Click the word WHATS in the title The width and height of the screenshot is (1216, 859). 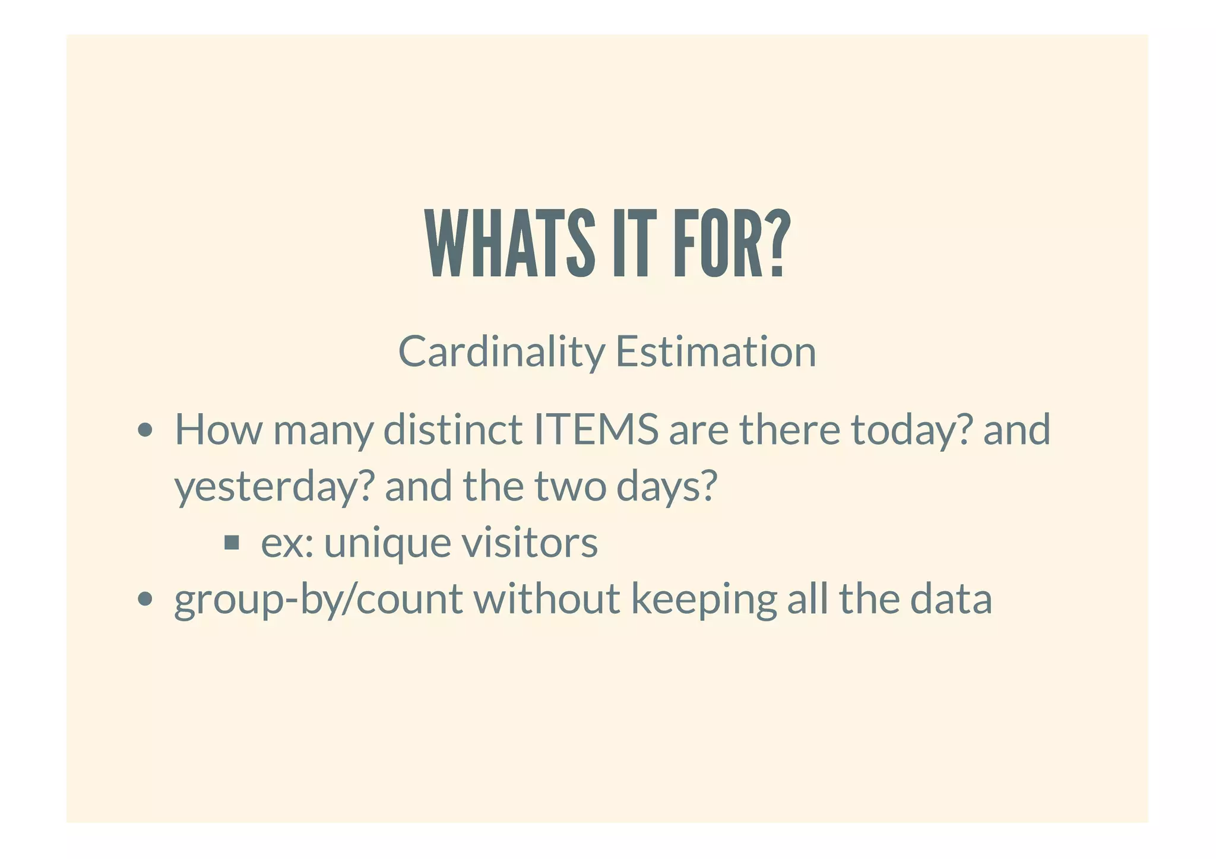click(510, 244)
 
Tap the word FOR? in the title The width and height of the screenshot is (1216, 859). click(731, 244)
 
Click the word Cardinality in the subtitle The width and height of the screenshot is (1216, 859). click(501, 352)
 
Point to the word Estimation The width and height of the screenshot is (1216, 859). click(715, 352)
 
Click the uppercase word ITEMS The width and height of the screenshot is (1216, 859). click(596, 430)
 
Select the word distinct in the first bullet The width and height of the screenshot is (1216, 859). click(452, 430)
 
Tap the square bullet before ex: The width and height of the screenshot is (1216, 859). click(232, 542)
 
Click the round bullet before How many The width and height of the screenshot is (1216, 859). click(144, 430)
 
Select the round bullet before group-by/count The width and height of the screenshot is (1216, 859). click(144, 599)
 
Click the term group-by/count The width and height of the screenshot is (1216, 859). click(318, 600)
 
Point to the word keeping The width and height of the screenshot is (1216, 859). click(703, 600)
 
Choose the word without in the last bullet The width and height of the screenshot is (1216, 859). click(546, 598)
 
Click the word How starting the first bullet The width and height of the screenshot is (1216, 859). click(218, 430)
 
